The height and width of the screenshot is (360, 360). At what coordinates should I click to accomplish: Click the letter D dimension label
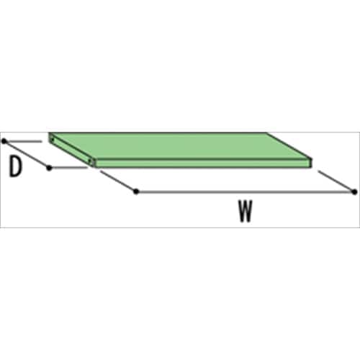click(15, 166)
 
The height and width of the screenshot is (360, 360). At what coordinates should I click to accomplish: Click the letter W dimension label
click(246, 211)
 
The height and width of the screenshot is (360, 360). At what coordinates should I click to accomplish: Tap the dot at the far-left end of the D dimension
click(4, 141)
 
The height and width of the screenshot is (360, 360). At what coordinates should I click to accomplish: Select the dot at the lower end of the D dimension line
click(49, 168)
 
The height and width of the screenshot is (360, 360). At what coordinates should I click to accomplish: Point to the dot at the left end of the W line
click(136, 192)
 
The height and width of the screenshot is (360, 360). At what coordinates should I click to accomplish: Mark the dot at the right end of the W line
click(354, 192)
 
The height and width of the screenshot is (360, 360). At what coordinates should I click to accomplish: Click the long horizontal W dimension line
click(245, 192)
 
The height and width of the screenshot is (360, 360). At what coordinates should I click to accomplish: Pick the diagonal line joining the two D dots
click(27, 155)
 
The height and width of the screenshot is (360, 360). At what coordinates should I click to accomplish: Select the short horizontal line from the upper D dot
click(24, 142)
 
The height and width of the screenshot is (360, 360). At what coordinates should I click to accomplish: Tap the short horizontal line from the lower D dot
click(69, 168)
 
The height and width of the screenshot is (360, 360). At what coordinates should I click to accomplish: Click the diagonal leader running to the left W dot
click(118, 181)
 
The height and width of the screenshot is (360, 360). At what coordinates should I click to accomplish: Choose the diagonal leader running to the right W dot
click(336, 181)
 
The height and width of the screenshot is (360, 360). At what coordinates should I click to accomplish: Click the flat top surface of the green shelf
click(180, 145)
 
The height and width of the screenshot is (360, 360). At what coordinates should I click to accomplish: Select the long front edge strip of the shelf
click(203, 163)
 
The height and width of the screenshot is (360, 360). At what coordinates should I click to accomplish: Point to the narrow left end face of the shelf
click(71, 149)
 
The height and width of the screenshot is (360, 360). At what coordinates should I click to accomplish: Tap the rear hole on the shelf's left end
click(53, 139)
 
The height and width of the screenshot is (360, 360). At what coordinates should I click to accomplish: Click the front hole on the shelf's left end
click(90, 161)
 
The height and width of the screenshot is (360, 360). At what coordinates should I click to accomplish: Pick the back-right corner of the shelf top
click(266, 132)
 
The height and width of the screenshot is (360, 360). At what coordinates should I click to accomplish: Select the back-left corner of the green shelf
click(49, 133)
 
